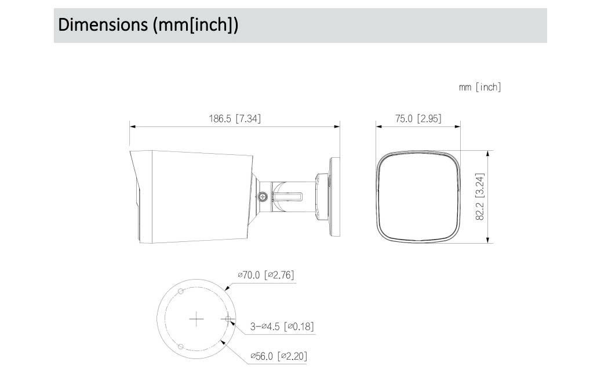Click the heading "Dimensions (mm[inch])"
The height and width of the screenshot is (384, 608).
(148, 25)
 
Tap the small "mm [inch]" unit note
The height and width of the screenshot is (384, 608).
(480, 87)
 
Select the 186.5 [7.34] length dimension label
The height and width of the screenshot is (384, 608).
(235, 118)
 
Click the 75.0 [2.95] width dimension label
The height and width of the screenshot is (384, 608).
(418, 118)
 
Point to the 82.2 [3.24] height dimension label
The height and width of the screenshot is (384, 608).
(480, 197)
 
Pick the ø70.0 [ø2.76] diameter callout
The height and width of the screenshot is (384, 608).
(266, 275)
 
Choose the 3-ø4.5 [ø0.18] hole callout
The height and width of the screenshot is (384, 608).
(282, 326)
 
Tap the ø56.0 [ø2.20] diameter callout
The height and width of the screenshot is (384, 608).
(279, 356)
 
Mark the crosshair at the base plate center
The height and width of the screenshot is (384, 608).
(196, 319)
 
